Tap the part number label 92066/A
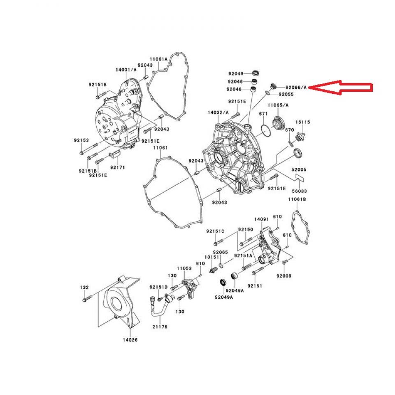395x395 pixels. tap(296, 87)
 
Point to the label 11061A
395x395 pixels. tap(158, 59)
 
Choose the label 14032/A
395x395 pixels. tap(218, 112)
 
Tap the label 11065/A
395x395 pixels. tap(278, 105)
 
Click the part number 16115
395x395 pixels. tap(303, 122)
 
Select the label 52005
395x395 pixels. tap(300, 170)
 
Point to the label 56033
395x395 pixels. tap(300, 191)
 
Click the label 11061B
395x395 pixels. tap(297, 200)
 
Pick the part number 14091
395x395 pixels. tap(261, 220)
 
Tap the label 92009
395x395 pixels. tap(283, 276)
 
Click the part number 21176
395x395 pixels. tap(160, 326)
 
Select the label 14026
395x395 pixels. tap(130, 340)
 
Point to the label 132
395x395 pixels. tap(84, 287)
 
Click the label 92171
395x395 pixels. tap(117, 167)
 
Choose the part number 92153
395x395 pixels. tap(81, 140)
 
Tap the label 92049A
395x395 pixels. tap(223, 297)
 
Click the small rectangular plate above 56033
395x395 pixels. tap(300, 178)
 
